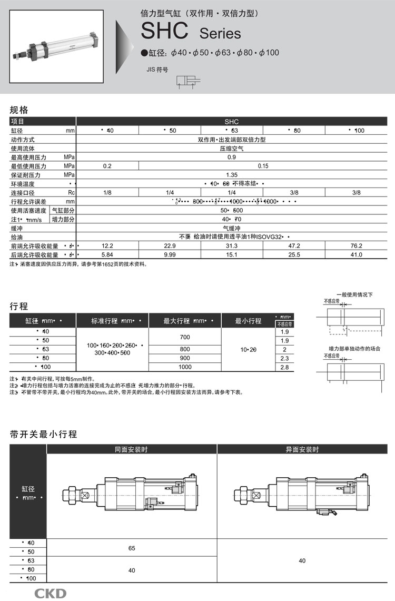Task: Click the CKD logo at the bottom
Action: tap(51, 593)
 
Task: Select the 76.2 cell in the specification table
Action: tap(357, 246)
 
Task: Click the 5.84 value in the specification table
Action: tap(107, 254)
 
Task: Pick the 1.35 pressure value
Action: tap(231, 174)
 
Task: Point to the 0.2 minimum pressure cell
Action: tap(107, 166)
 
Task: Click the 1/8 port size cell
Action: tap(107, 192)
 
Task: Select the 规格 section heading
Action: tap(19, 110)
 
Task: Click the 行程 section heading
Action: tap(19, 306)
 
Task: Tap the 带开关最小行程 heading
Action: tap(44, 435)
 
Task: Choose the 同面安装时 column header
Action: tap(132, 449)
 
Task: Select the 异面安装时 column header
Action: tap(302, 449)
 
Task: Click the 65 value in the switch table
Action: tap(132, 548)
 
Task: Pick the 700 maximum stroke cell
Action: tap(185, 336)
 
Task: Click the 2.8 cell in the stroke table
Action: tap(284, 367)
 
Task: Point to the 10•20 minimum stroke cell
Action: tap(248, 349)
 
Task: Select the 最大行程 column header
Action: tap(185, 320)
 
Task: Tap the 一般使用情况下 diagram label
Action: tap(354, 294)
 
